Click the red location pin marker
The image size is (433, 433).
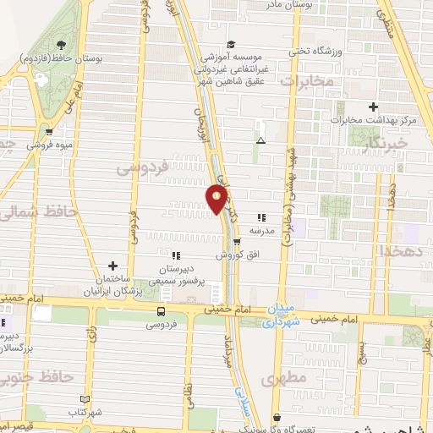click(218, 199)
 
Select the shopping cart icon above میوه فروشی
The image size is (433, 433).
click(49, 131)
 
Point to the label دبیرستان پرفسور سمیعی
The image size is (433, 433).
click(176, 275)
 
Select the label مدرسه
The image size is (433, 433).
click(260, 230)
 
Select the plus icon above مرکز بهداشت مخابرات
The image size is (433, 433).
click(373, 107)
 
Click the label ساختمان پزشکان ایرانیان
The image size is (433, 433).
click(112, 285)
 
